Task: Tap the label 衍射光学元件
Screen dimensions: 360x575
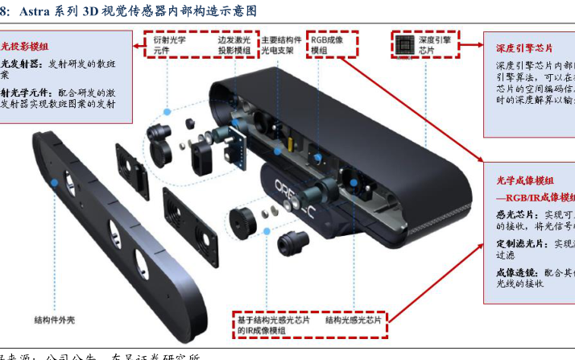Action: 170,44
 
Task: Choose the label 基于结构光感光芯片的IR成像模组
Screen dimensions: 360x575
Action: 273,325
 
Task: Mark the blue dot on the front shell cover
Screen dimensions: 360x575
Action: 55,183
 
